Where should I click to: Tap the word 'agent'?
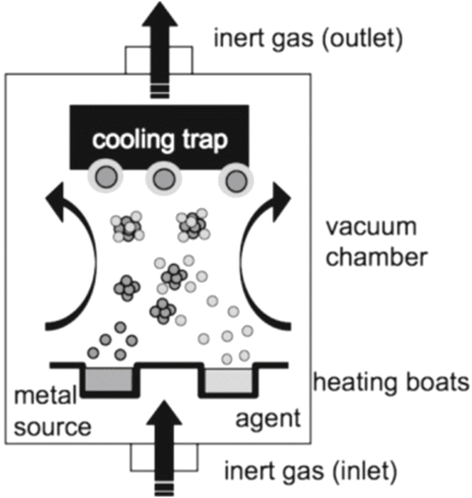pyautogui.click(x=268, y=418)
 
